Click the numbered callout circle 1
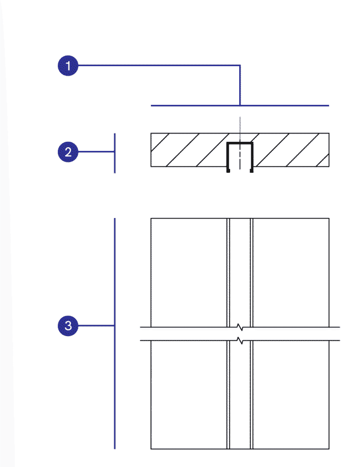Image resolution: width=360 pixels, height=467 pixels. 68,66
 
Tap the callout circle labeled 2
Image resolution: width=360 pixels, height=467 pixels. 68,152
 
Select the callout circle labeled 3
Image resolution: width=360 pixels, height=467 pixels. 68,326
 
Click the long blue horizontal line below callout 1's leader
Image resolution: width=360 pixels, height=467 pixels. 240,105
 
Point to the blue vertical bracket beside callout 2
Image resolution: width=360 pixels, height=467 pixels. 115,153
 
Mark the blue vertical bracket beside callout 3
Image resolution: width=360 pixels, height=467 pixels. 115,333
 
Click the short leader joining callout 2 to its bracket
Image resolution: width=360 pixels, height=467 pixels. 96,152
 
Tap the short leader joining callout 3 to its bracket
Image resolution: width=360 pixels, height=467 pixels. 96,326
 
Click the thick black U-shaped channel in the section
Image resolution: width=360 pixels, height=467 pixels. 240,143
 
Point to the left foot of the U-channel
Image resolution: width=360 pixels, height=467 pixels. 228,171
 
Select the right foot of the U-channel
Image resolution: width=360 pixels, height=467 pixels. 252,171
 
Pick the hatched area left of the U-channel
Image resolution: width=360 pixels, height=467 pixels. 189,150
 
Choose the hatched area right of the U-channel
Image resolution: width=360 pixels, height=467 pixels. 291,150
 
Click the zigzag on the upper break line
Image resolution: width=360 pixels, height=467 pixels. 240,327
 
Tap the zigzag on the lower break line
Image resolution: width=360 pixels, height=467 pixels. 240,340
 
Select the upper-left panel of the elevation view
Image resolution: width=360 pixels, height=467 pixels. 189,273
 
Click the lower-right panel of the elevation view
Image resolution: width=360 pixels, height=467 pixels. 291,394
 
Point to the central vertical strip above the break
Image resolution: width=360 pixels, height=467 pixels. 240,273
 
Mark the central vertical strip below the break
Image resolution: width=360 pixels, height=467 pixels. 240,394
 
